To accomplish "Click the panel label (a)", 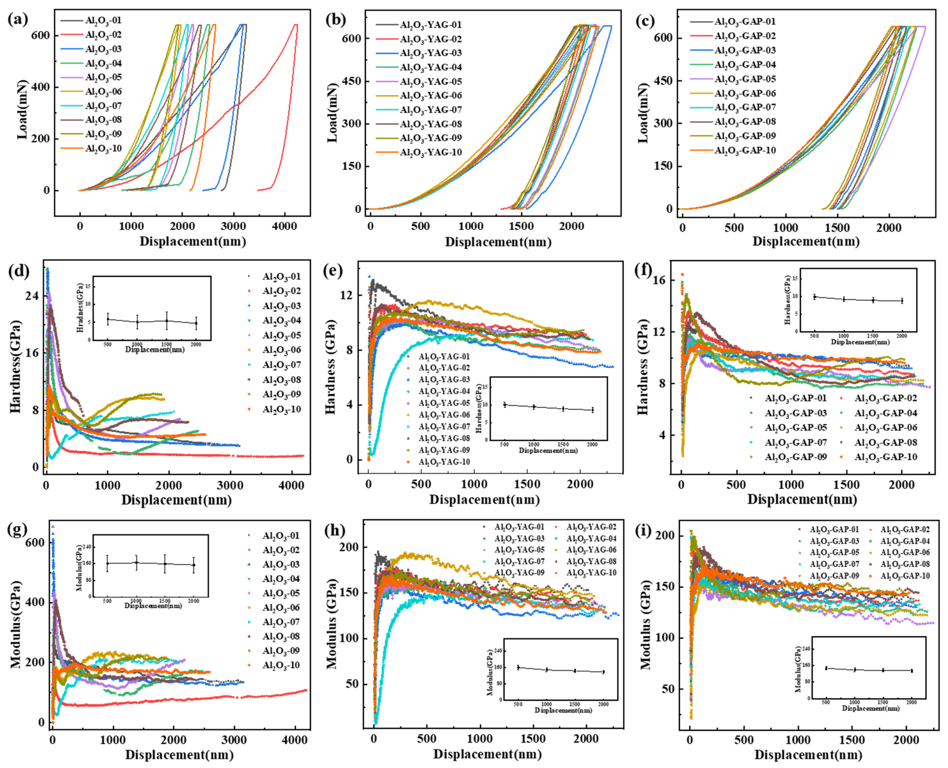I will (x=18, y=20).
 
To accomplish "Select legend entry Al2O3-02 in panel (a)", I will (x=103, y=35).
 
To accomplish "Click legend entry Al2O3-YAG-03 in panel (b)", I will (x=430, y=53).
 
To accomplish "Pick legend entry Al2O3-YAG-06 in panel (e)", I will (x=444, y=414).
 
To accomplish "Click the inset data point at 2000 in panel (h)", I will (x=603, y=672).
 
